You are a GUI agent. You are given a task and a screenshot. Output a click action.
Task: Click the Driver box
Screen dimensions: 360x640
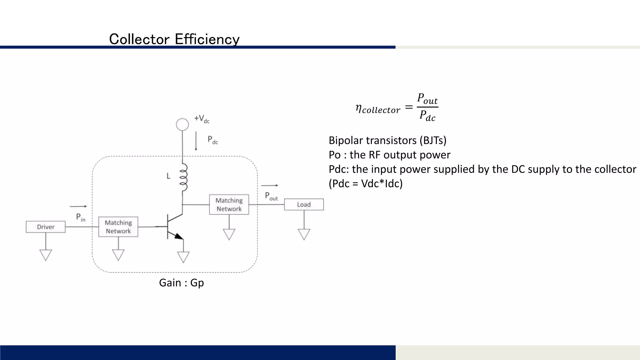46,227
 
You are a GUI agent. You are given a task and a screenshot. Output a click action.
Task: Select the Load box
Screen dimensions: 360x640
304,204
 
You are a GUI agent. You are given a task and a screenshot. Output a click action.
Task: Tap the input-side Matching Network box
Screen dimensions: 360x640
118,227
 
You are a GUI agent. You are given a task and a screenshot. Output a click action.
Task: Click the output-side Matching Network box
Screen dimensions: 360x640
229,204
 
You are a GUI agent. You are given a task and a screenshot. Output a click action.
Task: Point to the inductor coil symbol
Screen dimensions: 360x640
183,177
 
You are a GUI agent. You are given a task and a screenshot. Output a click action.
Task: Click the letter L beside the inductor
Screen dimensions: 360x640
168,176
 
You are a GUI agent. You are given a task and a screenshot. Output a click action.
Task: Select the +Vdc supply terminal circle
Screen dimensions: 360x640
182,124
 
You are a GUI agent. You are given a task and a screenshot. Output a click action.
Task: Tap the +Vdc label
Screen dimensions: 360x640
202,119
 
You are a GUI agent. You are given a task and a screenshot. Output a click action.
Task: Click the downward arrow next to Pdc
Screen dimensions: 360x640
196,141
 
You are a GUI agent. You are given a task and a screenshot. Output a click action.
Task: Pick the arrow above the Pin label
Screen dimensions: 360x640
78,206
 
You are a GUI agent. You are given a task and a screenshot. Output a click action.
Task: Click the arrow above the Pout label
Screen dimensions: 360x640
269,185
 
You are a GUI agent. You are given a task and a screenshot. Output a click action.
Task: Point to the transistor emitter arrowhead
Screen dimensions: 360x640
179,236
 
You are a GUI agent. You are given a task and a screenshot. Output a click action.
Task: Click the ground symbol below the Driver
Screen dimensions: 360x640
46,255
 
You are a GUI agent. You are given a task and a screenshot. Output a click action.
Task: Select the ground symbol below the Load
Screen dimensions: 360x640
304,234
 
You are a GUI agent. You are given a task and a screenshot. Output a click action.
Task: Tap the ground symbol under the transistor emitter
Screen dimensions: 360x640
183,257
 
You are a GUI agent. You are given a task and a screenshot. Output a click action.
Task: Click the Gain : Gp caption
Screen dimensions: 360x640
181,283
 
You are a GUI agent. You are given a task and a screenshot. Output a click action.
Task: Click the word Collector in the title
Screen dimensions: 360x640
139,39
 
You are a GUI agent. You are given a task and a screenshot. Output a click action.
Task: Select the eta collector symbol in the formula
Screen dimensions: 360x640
377,109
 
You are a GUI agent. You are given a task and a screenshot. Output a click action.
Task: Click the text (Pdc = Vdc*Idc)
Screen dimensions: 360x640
366,183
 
